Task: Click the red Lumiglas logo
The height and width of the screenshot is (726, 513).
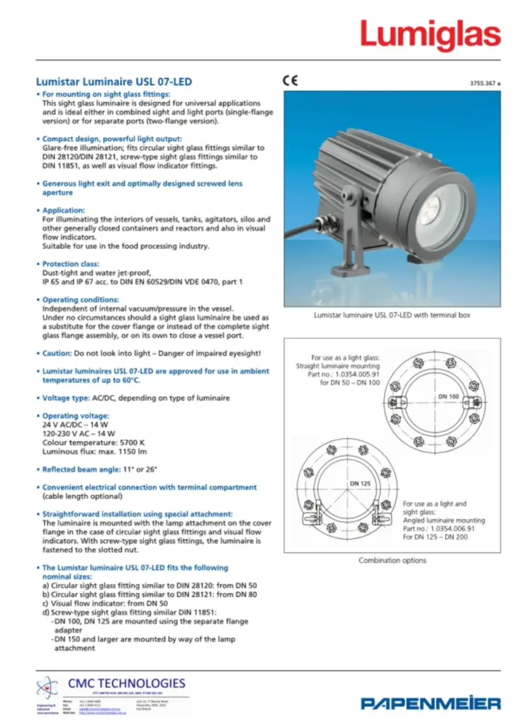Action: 429,34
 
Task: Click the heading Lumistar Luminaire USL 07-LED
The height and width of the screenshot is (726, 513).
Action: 113,82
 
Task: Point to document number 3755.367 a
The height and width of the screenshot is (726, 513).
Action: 485,84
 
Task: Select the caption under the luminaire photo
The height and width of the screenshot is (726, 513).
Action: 392,315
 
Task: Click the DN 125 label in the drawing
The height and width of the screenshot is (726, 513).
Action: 359,483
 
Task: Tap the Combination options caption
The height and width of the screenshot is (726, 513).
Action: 392,560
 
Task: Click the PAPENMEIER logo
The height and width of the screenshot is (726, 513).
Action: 430,703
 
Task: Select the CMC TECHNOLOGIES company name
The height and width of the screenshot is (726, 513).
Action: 126,683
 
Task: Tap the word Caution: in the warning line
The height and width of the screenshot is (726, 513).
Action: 59,353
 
